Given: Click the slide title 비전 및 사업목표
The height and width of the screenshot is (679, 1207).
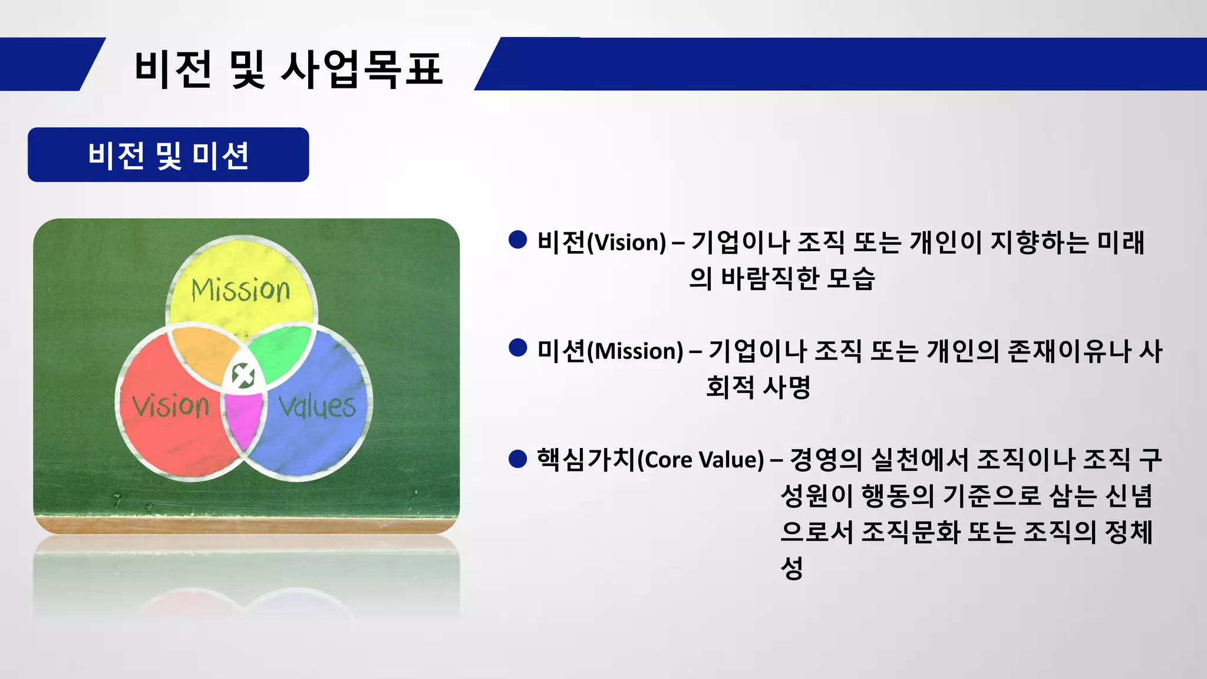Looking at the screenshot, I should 288,69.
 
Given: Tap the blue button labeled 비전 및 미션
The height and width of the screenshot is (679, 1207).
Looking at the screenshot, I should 168,155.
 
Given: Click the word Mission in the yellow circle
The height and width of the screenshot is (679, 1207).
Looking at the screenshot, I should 240,290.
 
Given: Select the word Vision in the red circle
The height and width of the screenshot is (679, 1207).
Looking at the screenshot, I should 171,406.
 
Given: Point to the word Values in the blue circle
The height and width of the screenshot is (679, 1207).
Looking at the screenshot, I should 317,407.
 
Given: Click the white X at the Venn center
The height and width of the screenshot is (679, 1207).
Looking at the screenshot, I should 243,375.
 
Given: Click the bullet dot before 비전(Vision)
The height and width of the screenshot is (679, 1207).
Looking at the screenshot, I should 517,240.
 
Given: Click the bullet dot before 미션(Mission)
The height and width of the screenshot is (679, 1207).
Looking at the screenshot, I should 517,348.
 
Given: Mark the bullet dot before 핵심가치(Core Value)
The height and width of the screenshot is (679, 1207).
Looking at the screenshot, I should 517,459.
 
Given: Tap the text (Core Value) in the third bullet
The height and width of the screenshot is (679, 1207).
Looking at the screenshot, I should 701,460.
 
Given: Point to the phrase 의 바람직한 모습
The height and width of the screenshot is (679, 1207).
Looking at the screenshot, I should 781,278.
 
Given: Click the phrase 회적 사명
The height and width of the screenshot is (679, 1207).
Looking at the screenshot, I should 758,387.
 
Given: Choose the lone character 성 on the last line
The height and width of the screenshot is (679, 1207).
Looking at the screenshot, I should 792,568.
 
